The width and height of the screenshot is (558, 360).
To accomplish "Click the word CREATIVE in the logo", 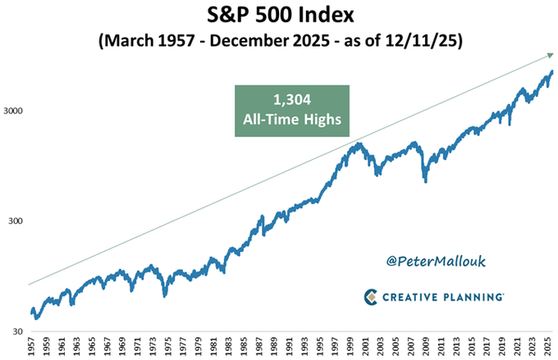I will [x=411, y=297].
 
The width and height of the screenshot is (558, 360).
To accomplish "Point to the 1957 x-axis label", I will [x=31, y=347].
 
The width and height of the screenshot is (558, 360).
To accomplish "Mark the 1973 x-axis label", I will [x=153, y=347].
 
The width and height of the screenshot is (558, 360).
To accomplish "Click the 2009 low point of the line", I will [x=425, y=181].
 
